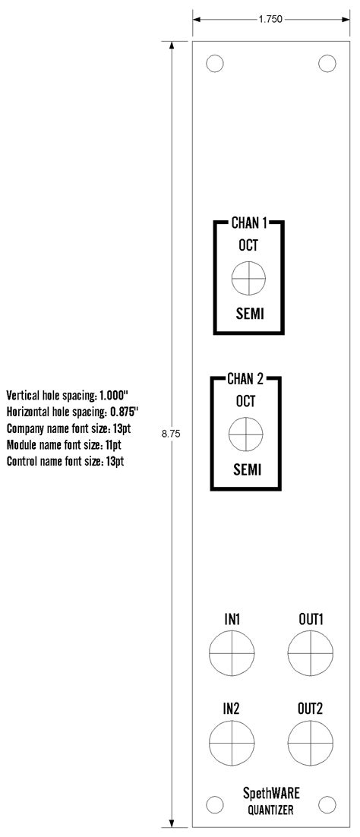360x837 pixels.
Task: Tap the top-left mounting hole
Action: (x=214, y=64)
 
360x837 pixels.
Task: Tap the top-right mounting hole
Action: (x=327, y=64)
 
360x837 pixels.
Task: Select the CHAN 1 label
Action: (x=249, y=224)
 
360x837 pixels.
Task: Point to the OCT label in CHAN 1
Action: (x=249, y=246)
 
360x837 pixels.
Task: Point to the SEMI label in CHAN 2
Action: (x=246, y=470)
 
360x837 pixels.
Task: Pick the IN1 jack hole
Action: (x=232, y=653)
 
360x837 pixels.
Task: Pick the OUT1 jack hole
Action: (x=311, y=653)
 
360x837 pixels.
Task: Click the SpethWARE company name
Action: (x=271, y=794)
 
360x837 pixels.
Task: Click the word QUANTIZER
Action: (x=271, y=810)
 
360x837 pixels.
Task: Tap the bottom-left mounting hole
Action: (x=214, y=803)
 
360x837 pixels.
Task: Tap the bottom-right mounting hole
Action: (x=327, y=803)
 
